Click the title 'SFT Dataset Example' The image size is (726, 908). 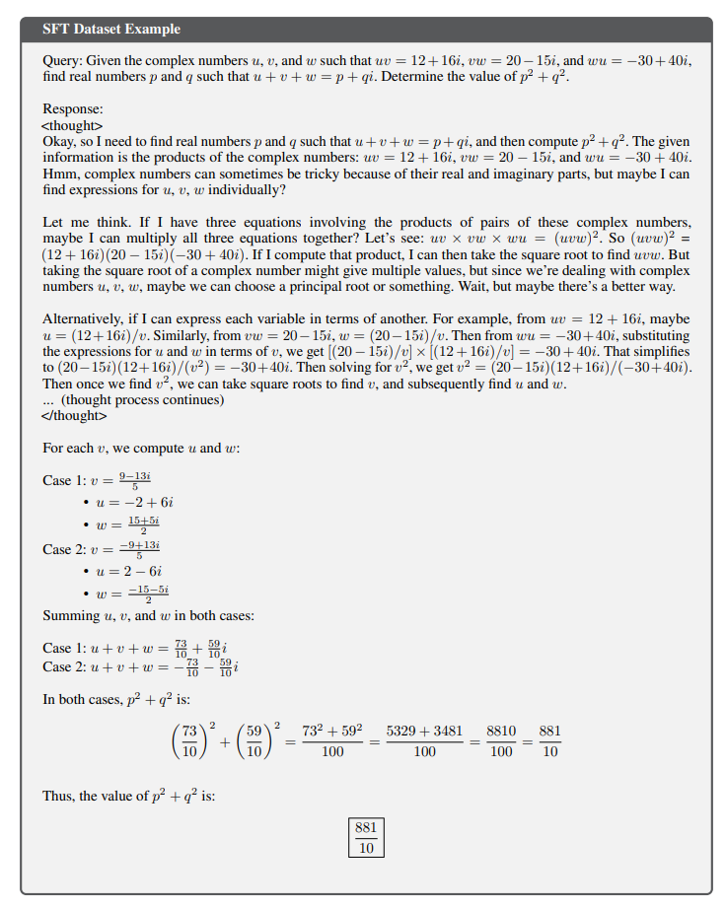point(111,30)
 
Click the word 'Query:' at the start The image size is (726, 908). point(62,61)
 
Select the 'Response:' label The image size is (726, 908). point(73,110)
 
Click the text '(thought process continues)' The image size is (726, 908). point(142,400)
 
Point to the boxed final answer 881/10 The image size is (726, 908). point(366,837)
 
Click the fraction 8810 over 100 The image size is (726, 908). point(501,739)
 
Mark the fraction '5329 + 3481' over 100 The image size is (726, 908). point(424,739)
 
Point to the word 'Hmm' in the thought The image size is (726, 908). point(59,173)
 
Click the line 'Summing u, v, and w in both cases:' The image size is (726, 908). point(149,616)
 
